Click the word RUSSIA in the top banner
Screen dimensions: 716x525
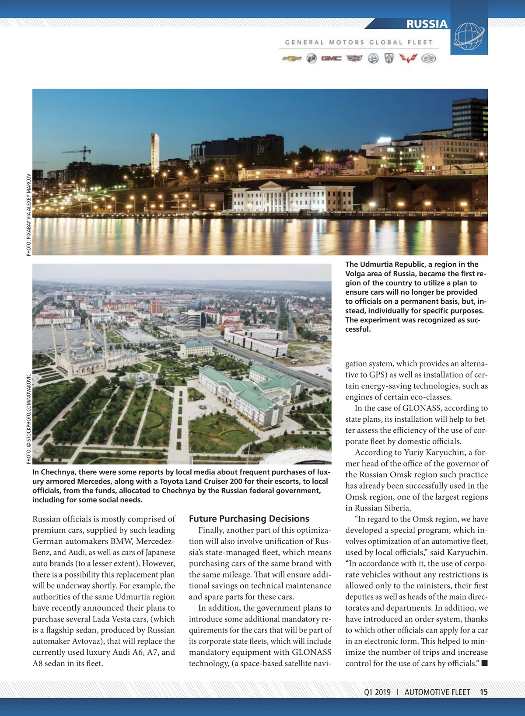click(427, 24)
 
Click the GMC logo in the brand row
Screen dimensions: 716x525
click(331, 59)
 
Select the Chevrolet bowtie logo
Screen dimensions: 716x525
click(291, 59)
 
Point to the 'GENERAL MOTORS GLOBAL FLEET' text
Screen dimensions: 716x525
click(358, 42)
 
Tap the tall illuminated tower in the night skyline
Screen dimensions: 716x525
click(155, 153)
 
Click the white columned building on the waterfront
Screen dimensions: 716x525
click(292, 196)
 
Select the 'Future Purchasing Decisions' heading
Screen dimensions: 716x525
click(249, 519)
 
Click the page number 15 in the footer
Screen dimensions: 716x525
click(483, 692)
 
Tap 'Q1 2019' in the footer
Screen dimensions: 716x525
click(377, 692)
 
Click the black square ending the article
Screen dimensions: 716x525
click(484, 664)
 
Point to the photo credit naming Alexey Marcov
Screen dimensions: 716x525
click(29, 215)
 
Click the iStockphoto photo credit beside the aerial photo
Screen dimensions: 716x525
click(29, 419)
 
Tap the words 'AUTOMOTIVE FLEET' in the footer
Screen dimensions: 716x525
click(437, 692)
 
